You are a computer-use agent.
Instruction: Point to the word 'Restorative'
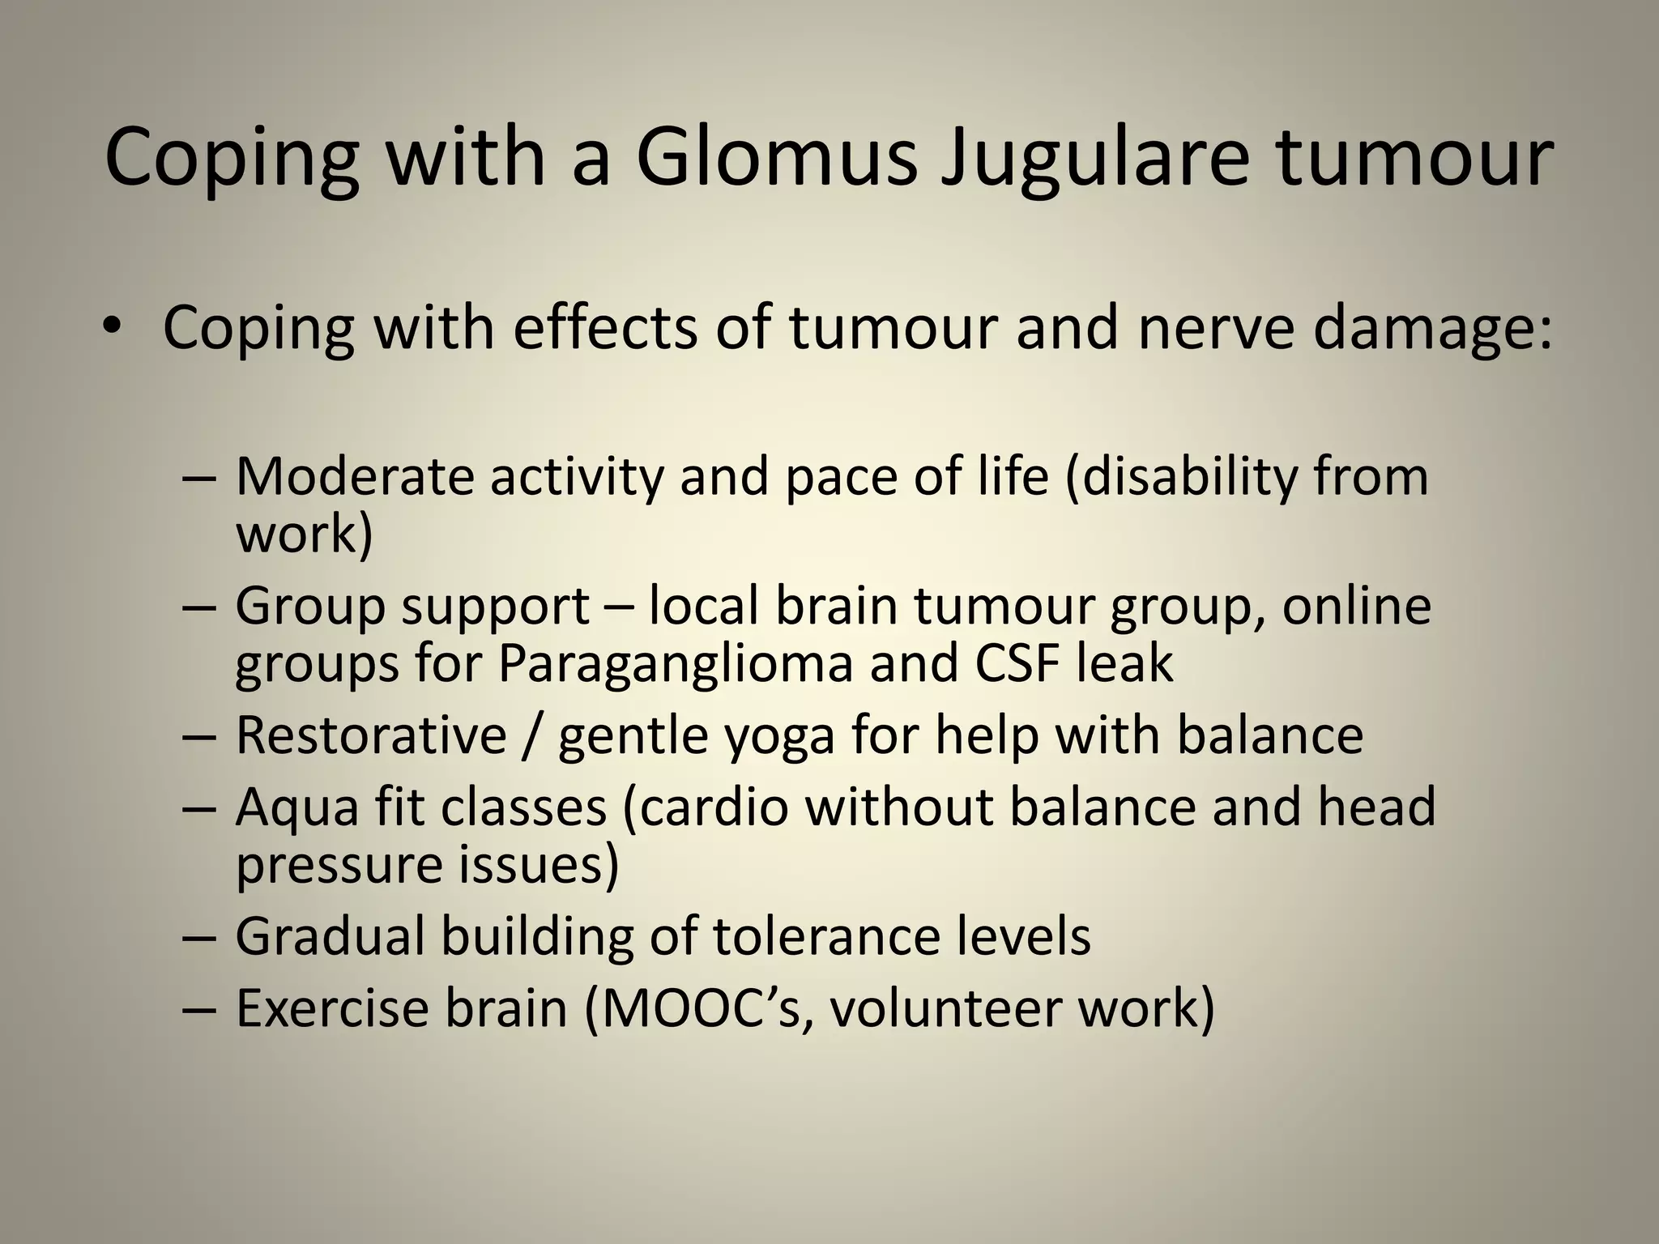pyautogui.click(x=371, y=735)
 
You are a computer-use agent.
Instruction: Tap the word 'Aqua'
pyautogui.click(x=296, y=808)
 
